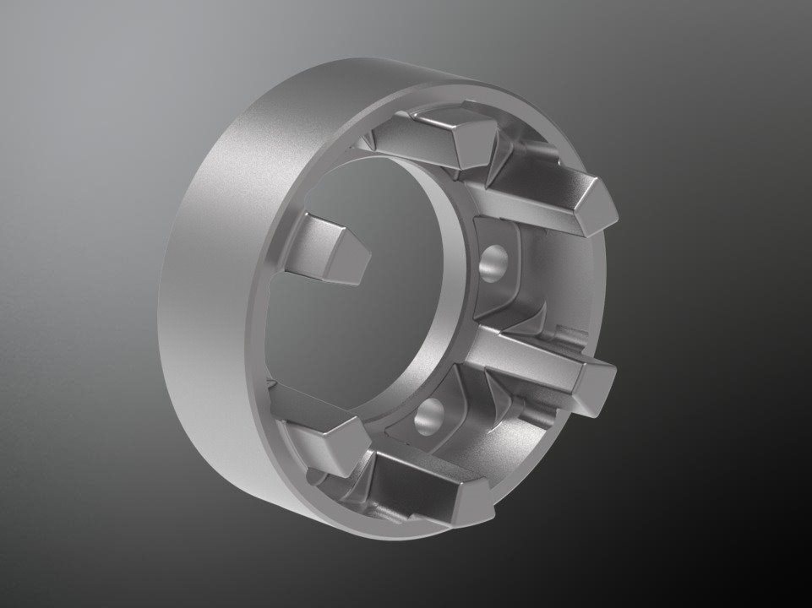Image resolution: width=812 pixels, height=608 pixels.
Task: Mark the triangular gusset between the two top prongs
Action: click(x=499, y=156)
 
